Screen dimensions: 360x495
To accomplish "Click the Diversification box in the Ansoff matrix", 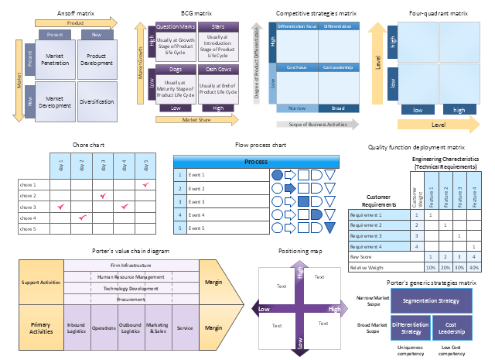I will click(96, 102).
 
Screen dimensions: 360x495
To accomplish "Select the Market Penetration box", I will click(54, 60).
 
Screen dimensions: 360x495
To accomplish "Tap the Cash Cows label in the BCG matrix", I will click(217, 70).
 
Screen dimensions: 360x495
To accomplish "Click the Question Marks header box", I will click(176, 26).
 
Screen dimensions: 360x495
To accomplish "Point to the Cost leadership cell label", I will click(338, 68).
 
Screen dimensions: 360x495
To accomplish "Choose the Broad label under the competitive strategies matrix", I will click(338, 108).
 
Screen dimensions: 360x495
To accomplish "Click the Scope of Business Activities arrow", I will click(316, 124).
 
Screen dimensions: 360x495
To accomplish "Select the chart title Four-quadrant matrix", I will click(438, 14).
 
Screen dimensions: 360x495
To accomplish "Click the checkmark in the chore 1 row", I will click(145, 185).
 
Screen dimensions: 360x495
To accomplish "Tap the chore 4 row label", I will click(28, 218).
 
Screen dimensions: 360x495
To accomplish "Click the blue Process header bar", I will click(256, 162).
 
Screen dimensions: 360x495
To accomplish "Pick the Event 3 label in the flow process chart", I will click(196, 201).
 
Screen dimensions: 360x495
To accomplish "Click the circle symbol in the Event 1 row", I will click(278, 175).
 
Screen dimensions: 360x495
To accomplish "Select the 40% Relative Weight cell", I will click(473, 267).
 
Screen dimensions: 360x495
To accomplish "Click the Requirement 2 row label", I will click(366, 225).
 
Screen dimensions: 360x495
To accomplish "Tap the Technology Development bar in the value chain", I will click(131, 287).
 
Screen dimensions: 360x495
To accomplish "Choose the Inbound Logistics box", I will click(76, 327).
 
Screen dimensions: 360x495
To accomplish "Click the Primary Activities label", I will click(40, 327).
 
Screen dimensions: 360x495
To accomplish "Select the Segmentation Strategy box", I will click(432, 300).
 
